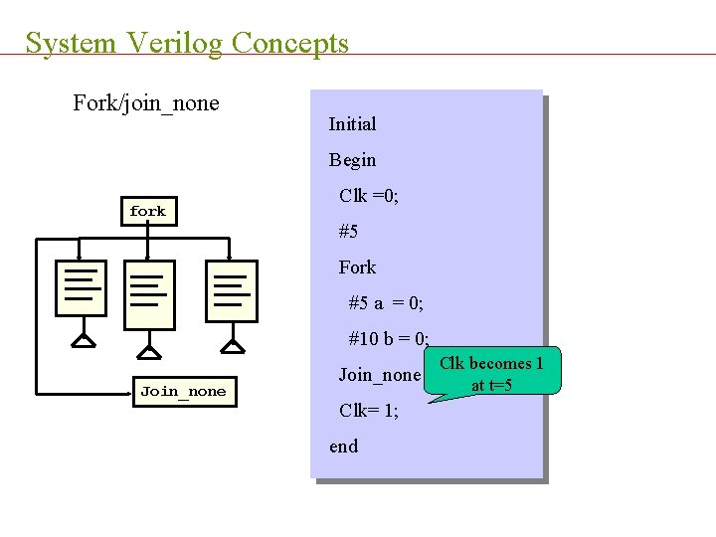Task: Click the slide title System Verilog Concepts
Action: (x=187, y=43)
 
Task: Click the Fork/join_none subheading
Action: (x=146, y=103)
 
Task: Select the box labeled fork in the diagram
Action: (x=147, y=211)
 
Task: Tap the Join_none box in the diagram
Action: (x=183, y=391)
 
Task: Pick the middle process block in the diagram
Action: (x=148, y=294)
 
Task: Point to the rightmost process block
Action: (x=231, y=290)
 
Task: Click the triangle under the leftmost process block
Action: (x=84, y=341)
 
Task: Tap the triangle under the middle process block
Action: (x=148, y=351)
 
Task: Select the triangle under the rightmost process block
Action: (x=232, y=346)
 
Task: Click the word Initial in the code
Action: (x=352, y=124)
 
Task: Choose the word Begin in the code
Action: (x=352, y=160)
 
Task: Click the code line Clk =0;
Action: (x=369, y=196)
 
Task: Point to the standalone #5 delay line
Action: (x=348, y=232)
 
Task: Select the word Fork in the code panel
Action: (x=357, y=268)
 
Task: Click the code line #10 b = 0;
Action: (x=389, y=339)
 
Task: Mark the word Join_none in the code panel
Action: (x=379, y=375)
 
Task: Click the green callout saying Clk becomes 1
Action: (x=491, y=373)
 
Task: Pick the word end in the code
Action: (x=343, y=447)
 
